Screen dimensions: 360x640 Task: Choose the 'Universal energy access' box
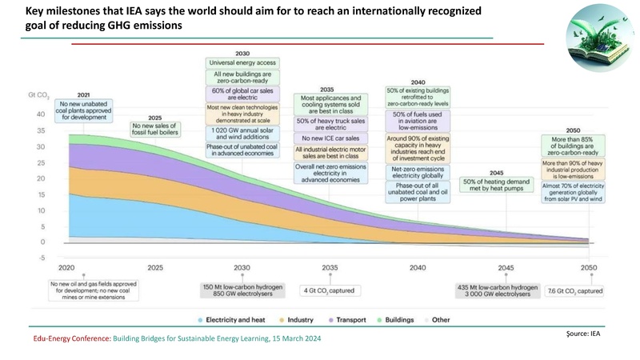click(x=243, y=63)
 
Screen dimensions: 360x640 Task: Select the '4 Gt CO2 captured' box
click(x=330, y=289)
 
